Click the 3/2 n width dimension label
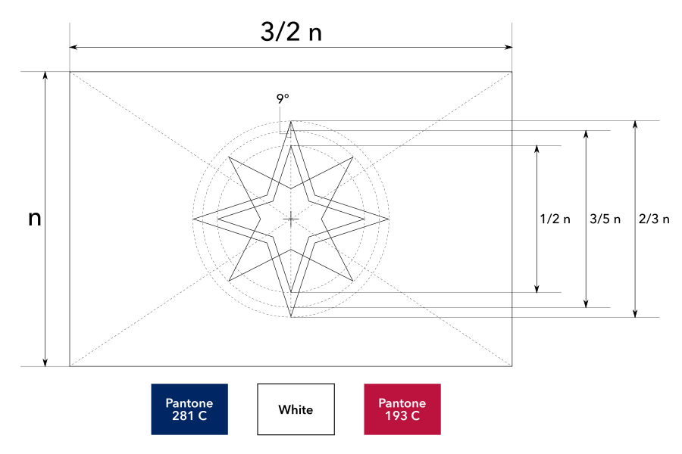pyautogui.click(x=291, y=31)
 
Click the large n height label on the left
pyautogui.click(x=34, y=219)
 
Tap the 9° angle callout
pyautogui.click(x=283, y=98)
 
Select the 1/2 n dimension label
pyautogui.click(x=555, y=219)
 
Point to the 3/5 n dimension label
pyautogui.click(x=605, y=219)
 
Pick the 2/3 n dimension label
pyautogui.click(x=655, y=219)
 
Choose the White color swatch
pyautogui.click(x=296, y=409)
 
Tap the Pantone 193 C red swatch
pyautogui.click(x=402, y=409)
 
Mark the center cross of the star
pyautogui.click(x=291, y=219)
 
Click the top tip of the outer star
pyautogui.click(x=291, y=121)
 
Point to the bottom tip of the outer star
pyautogui.click(x=291, y=317)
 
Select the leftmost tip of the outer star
pyautogui.click(x=193, y=219)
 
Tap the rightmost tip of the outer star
pyautogui.click(x=389, y=219)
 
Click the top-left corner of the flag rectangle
pyautogui.click(x=70, y=72)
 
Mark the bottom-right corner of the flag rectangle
pyautogui.click(x=512, y=366)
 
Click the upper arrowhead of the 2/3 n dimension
pyautogui.click(x=635, y=123)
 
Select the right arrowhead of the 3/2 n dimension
pyautogui.click(x=509, y=47)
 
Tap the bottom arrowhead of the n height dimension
pyautogui.click(x=45, y=363)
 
